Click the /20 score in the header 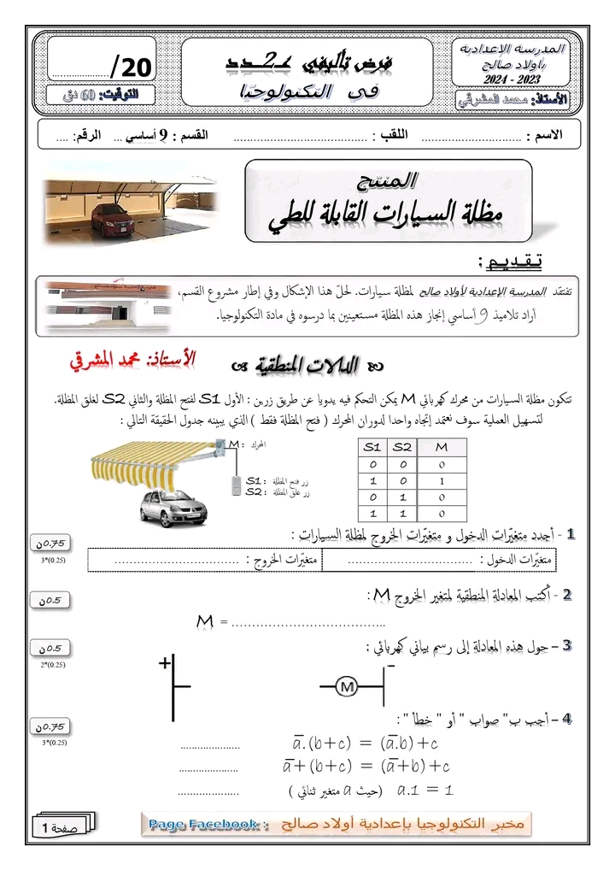(131, 67)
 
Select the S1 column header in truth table (372, 447)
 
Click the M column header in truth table (442, 447)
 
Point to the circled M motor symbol (347, 685)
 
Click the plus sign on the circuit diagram (162, 662)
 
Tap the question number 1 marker (570, 534)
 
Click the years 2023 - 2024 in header (512, 79)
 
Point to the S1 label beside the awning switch (254, 481)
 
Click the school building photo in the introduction (91, 305)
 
